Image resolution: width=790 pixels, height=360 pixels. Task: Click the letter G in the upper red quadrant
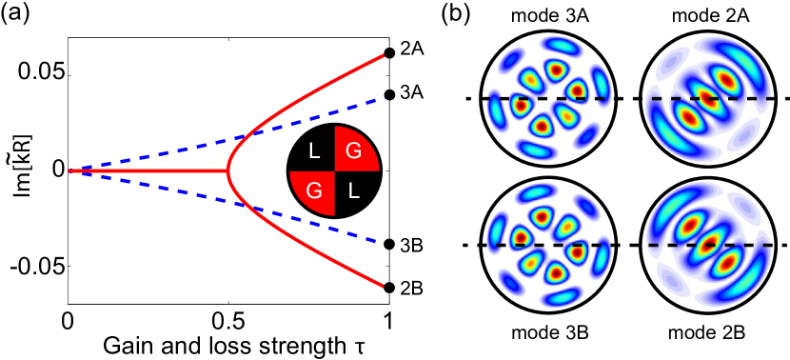tap(353, 150)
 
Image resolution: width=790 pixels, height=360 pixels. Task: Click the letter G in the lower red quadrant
tap(313, 191)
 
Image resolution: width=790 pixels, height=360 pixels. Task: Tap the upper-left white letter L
tap(314, 150)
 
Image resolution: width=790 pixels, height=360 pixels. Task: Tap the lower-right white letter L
tap(353, 191)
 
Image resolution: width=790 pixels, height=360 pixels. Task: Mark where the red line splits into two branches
tap(228, 170)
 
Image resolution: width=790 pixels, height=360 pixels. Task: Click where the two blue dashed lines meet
tap(70, 170)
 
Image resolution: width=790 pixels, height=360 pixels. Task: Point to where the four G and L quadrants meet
tap(334, 170)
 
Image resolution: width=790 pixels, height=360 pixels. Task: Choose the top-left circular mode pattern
tap(547, 98)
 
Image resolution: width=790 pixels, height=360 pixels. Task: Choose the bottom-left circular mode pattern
tap(547, 245)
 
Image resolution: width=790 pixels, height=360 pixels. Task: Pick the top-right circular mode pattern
tap(707, 98)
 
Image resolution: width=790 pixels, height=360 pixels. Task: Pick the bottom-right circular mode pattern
tap(707, 245)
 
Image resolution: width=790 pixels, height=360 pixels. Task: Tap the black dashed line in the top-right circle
tap(666, 98)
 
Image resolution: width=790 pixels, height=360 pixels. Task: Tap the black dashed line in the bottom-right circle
tap(666, 245)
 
